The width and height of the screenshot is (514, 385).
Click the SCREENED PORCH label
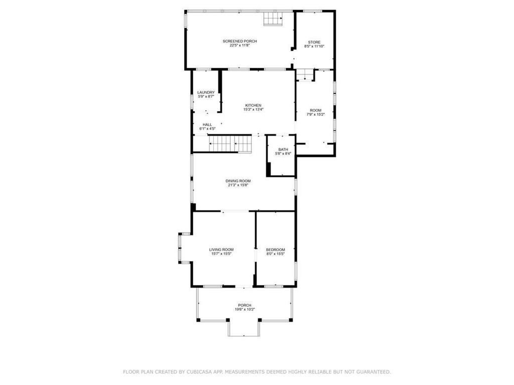(x=233, y=41)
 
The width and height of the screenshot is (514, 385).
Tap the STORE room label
(x=314, y=42)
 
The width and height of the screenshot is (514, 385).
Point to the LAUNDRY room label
(x=206, y=92)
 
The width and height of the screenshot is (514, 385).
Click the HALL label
(x=207, y=125)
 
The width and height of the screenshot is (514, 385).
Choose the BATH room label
(x=284, y=149)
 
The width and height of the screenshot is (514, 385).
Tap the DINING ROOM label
(x=238, y=181)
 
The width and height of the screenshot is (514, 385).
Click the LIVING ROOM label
(x=221, y=250)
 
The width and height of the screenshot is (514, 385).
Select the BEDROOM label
(x=276, y=250)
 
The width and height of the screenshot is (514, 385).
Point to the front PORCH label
(x=244, y=305)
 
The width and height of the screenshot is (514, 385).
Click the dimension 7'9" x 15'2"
(x=316, y=114)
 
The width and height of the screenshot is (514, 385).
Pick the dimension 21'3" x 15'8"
(x=238, y=185)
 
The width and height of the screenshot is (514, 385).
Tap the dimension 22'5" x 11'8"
(x=233, y=45)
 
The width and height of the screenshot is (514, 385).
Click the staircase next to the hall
(x=230, y=144)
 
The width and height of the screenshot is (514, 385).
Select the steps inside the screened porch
(x=274, y=19)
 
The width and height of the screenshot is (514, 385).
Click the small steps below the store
(x=304, y=75)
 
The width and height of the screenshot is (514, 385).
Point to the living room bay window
(x=182, y=248)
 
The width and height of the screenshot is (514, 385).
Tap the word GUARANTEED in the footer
(x=372, y=372)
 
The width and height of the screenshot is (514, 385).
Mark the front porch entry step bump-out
(x=244, y=328)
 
